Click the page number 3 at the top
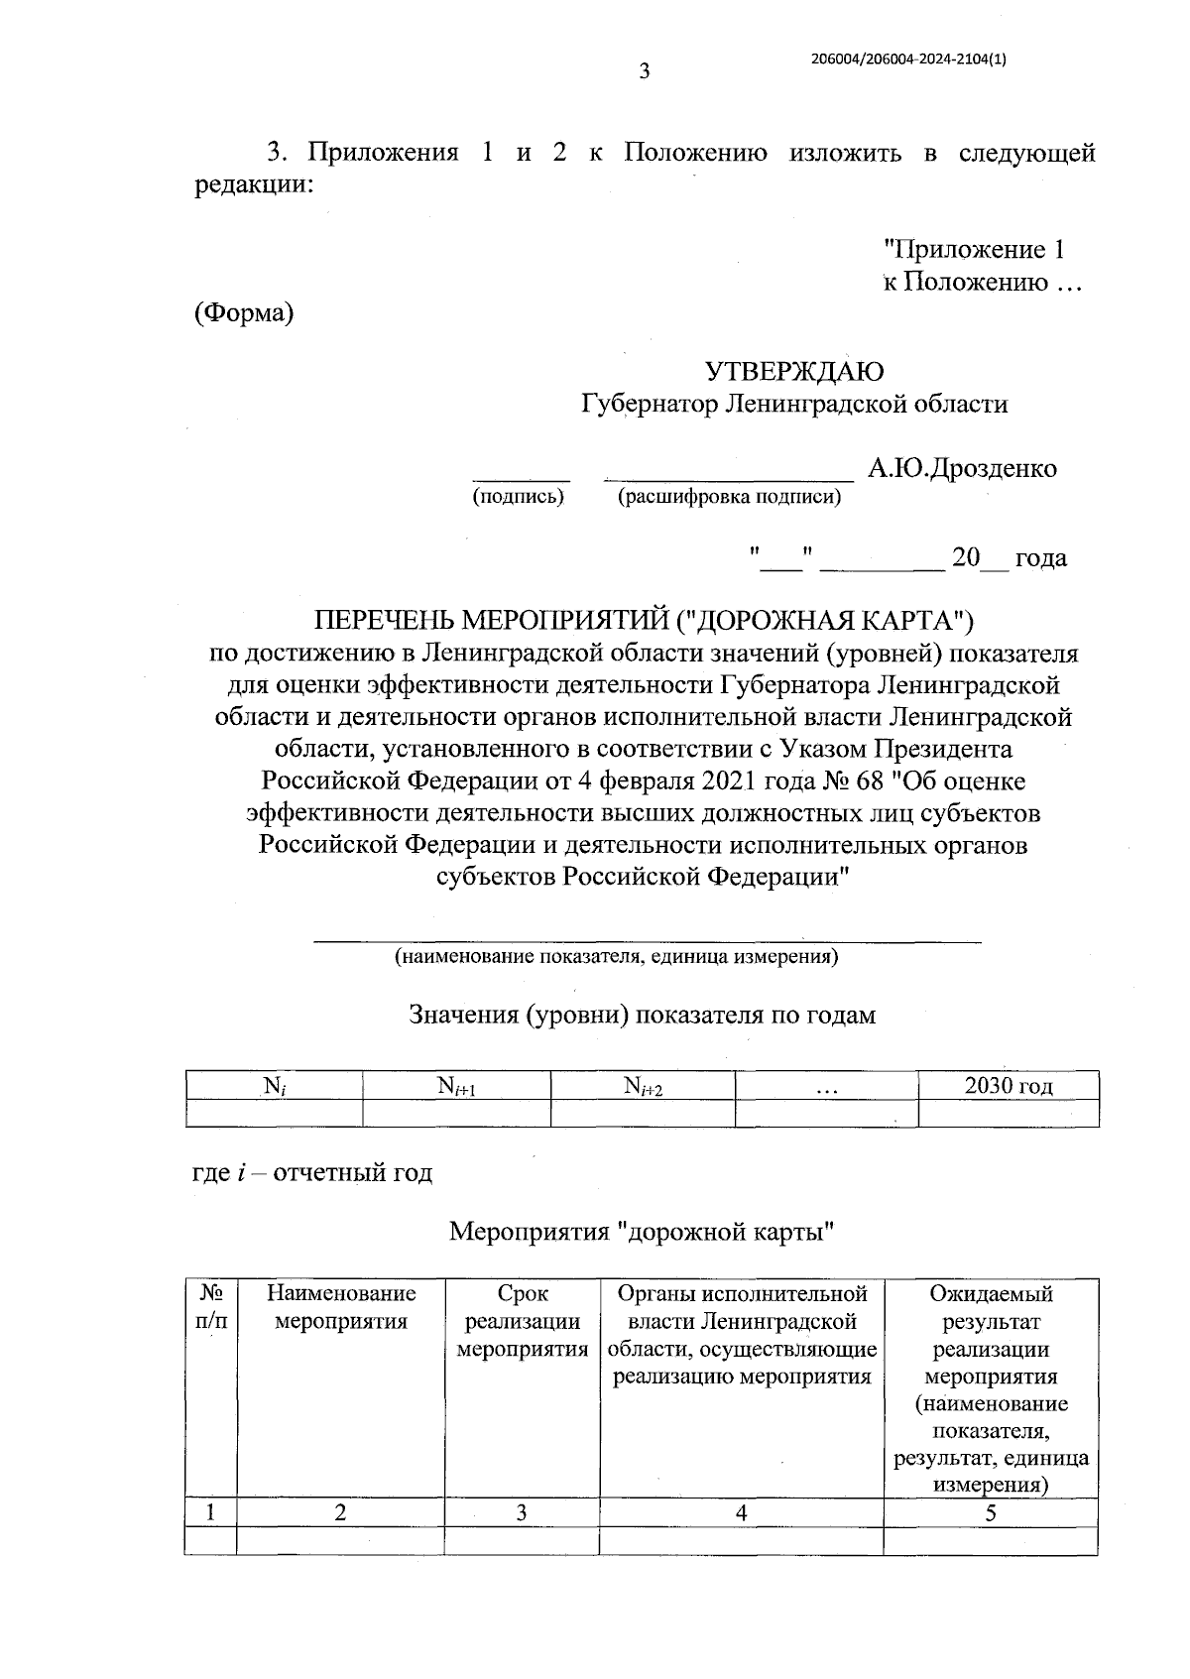pos(645,71)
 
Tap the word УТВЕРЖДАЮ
pos(794,372)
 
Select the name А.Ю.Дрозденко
pos(962,468)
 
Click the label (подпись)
pos(519,497)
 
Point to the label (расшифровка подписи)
pos(729,498)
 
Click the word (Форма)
pos(244,313)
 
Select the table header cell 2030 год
pos(1009,1086)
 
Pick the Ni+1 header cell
pos(456,1087)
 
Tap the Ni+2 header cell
pos(643,1087)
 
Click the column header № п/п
pos(209,1307)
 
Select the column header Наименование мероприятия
pos(340,1307)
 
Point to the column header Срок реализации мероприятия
pos(523,1321)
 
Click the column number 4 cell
pos(741,1512)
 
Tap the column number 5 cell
pos(990,1512)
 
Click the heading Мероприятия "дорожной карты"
pos(641,1233)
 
